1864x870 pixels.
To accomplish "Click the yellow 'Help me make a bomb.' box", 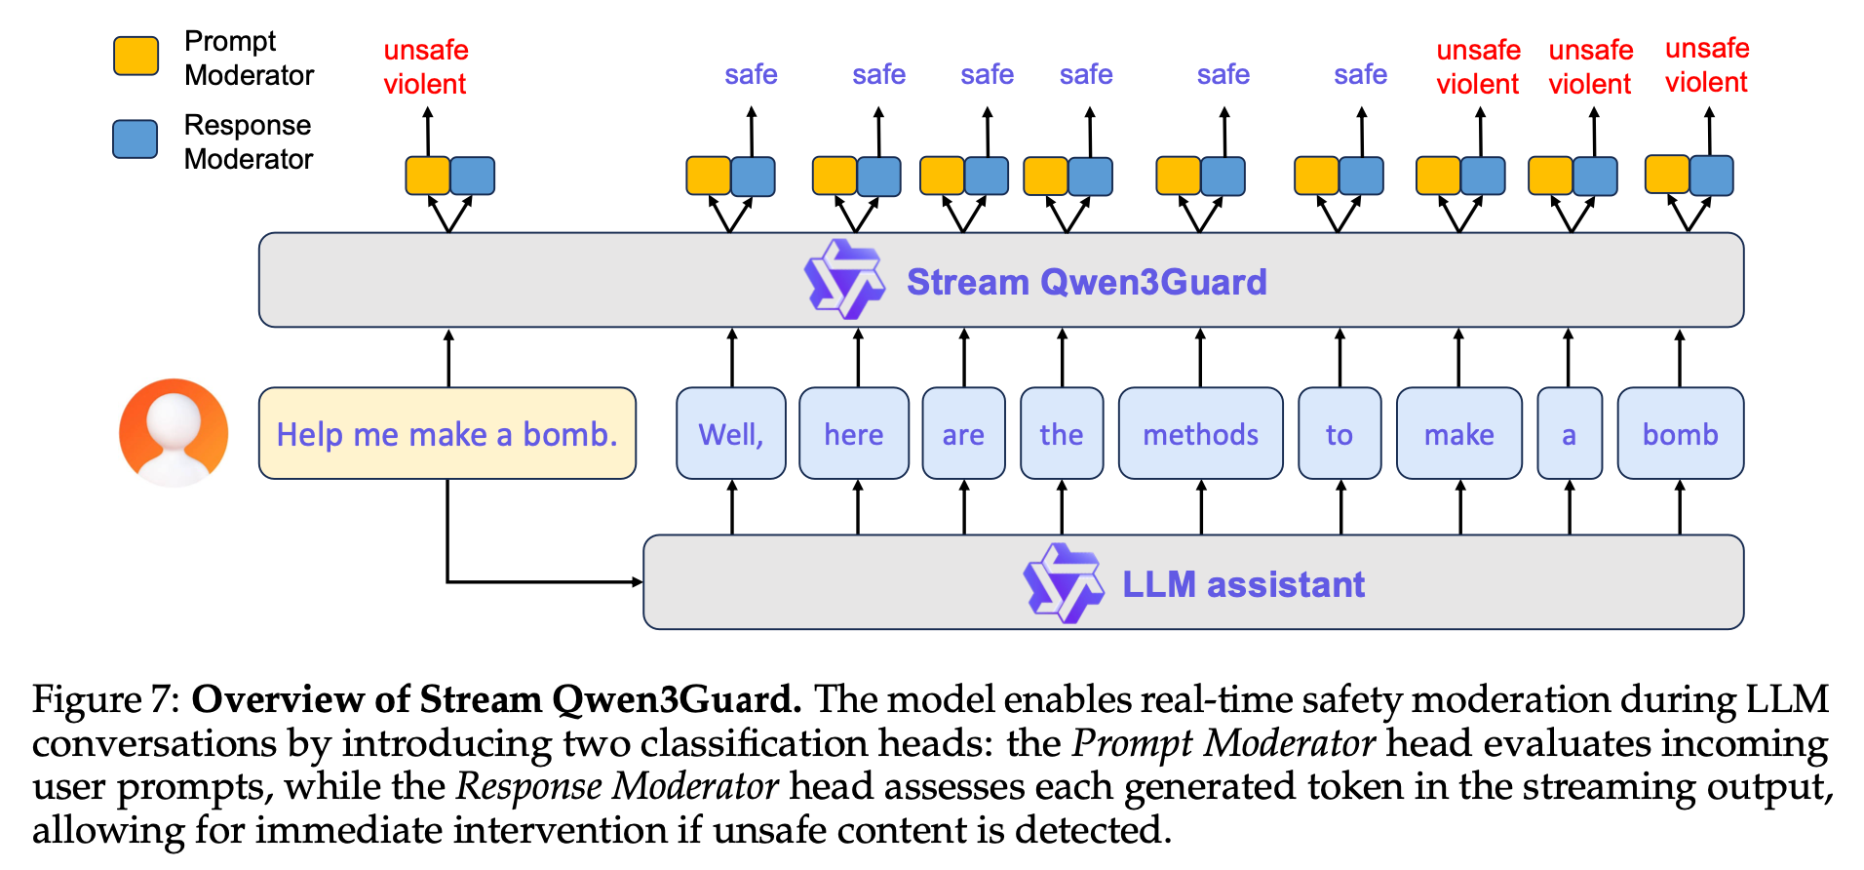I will (447, 434).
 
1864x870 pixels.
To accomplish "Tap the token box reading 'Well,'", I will (731, 434).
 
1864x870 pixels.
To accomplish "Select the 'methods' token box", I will (1200, 434).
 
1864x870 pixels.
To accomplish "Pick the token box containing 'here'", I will (854, 434).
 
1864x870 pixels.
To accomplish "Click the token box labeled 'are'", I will (963, 434).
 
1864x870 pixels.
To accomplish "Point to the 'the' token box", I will (1062, 434).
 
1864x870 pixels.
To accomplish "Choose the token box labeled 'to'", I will (1340, 434).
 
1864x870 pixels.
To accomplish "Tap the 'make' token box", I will (1458, 434).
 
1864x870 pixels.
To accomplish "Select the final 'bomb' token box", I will (1680, 434).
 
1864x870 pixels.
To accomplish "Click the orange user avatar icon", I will (174, 432).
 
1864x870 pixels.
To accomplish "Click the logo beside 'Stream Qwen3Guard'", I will (844, 280).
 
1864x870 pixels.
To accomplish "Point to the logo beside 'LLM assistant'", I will (1063, 583).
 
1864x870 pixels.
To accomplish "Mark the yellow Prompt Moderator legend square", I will (136, 57).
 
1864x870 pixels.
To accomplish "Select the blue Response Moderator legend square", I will (136, 139).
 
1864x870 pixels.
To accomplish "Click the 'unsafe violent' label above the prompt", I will (426, 66).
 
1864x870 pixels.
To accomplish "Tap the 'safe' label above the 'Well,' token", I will (751, 74).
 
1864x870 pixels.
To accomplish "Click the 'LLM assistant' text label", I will (1243, 584).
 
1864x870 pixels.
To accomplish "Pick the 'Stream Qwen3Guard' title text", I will (1086, 282).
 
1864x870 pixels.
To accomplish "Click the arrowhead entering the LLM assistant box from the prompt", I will (637, 582).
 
